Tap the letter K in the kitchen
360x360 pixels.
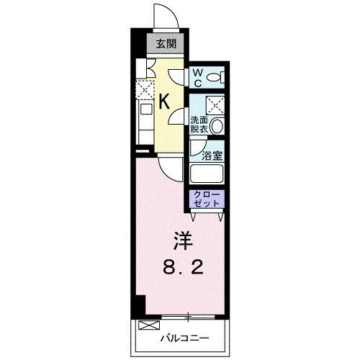coord(164,101)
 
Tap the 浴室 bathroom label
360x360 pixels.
coord(210,154)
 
